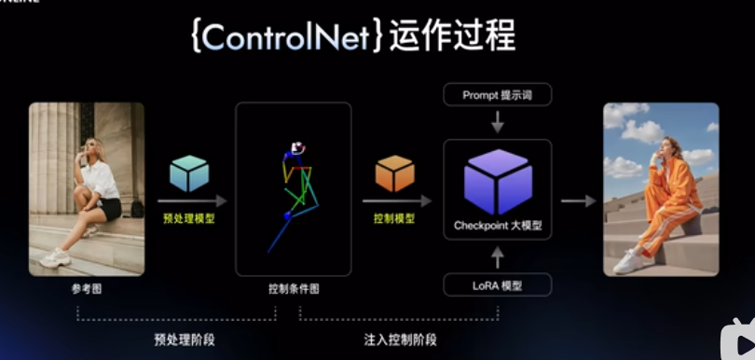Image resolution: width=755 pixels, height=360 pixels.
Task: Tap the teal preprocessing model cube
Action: [189, 173]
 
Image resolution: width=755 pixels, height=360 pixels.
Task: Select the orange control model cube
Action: [394, 173]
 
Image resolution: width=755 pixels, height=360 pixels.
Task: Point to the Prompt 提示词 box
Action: [497, 94]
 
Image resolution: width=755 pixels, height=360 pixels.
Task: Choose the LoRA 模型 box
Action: [497, 284]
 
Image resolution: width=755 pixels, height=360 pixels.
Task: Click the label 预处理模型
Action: [189, 219]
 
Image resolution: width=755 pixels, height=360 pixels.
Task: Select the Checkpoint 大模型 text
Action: [498, 226]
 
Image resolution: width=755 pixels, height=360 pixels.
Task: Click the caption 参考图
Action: [86, 289]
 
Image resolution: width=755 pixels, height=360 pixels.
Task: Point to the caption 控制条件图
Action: [293, 289]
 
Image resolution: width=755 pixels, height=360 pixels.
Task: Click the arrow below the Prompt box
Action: [498, 121]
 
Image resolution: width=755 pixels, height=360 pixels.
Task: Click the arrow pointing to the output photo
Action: [578, 200]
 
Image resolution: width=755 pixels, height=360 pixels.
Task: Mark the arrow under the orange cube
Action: [396, 200]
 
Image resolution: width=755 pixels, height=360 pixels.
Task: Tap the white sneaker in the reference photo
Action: [56, 256]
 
